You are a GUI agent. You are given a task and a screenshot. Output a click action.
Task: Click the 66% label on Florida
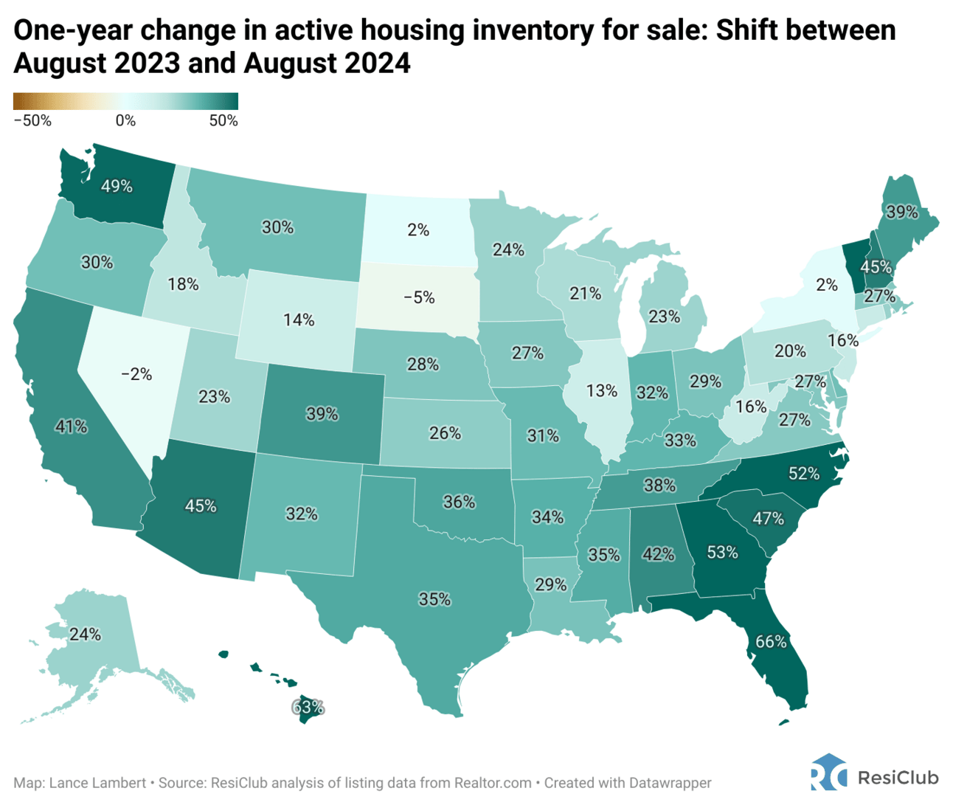pos(771,641)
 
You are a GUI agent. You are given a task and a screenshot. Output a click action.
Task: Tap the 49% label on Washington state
pos(117,186)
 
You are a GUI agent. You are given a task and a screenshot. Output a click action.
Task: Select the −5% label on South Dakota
pos(418,297)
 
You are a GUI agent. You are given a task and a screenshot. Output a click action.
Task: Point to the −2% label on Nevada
pos(136,374)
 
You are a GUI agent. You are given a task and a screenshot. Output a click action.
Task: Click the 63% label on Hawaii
pos(308,707)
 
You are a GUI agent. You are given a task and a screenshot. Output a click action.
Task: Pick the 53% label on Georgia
pos(722,551)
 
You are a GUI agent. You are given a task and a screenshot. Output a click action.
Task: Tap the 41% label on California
pos(71,426)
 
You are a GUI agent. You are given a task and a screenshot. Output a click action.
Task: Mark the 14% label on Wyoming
pos(299,319)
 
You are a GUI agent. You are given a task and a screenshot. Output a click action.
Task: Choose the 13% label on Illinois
pos(601,390)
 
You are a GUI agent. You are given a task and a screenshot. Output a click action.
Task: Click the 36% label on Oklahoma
pos(459,502)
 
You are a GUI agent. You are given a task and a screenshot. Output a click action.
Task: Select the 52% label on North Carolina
pos(804,473)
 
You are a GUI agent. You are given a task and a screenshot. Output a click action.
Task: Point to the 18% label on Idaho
pos(182,283)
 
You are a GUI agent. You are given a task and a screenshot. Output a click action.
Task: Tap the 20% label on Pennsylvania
pos(790,350)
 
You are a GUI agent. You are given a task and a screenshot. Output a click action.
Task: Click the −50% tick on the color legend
pos(32,121)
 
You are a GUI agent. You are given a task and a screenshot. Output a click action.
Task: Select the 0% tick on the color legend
pos(125,121)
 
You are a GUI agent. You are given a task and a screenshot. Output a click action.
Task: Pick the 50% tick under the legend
pos(223,121)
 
